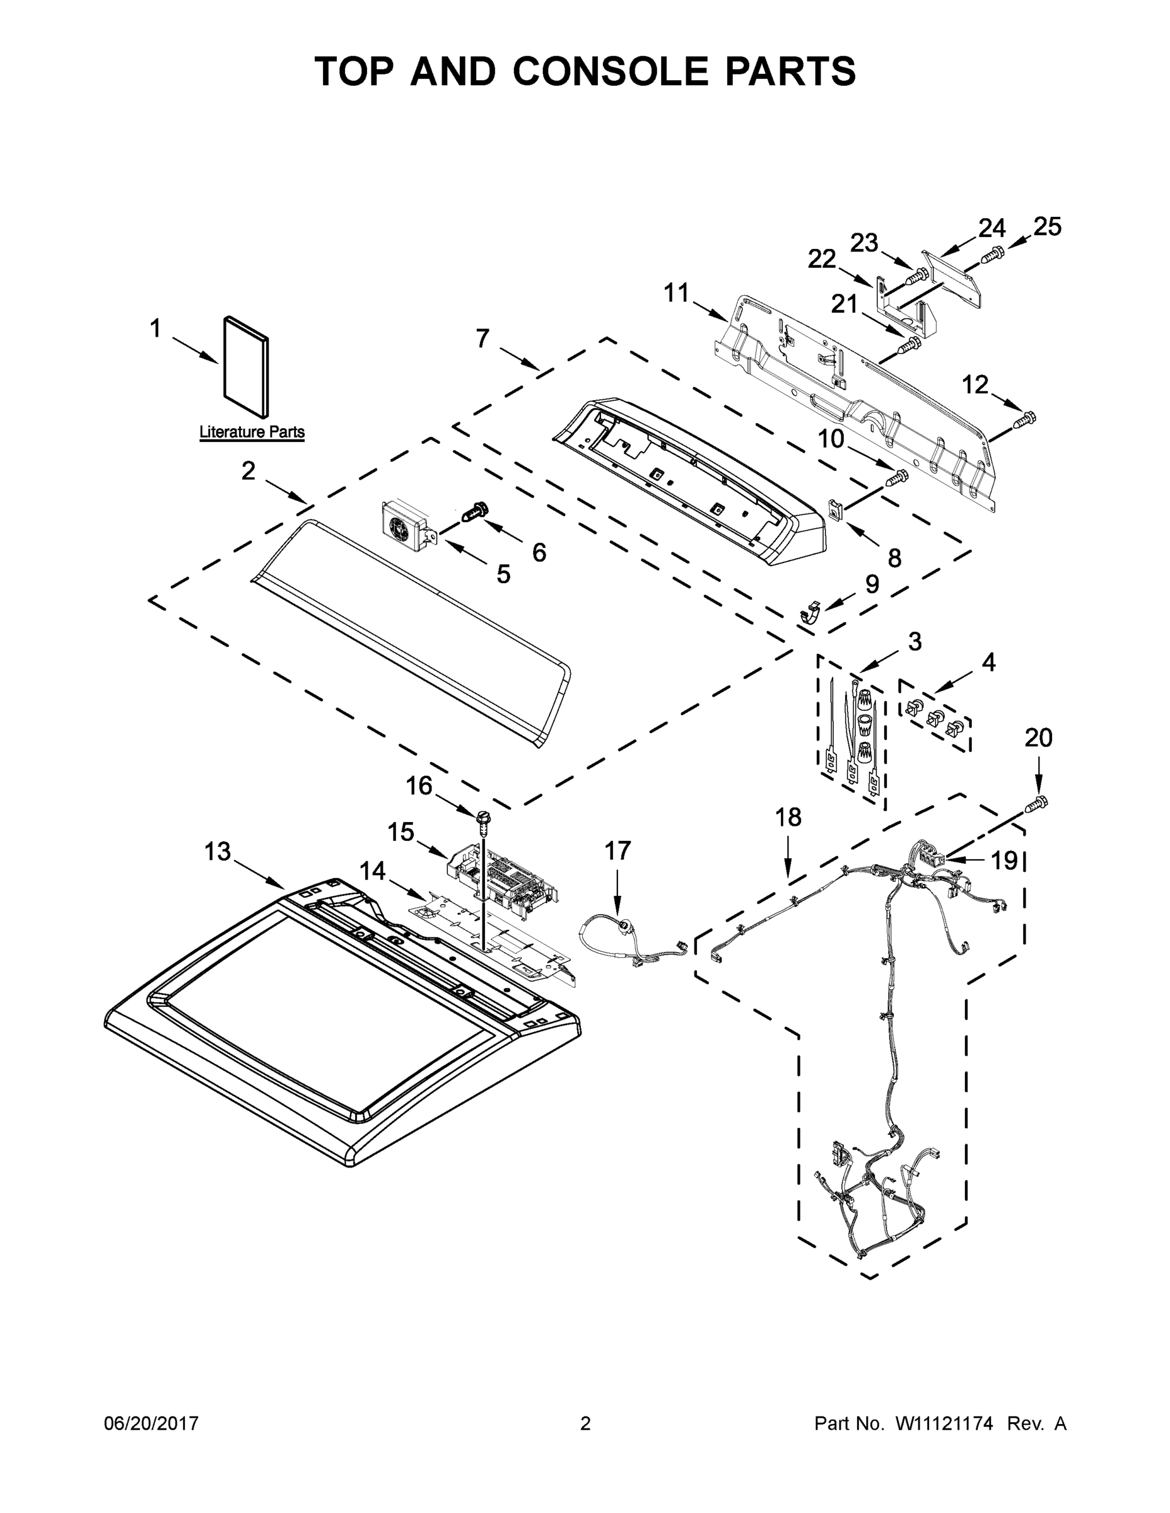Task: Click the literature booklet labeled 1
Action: pos(245,368)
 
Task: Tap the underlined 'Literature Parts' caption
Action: pos(252,432)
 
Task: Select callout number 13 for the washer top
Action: pos(217,852)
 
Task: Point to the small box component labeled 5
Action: pos(406,526)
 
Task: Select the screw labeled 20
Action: pos(1037,804)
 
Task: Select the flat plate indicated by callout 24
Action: pos(954,277)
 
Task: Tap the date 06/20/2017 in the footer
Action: pos(151,1423)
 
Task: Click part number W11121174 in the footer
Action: pos(944,1423)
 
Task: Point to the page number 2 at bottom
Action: pos(585,1423)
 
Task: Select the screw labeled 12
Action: pos(1024,419)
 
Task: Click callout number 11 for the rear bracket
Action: pos(677,293)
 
